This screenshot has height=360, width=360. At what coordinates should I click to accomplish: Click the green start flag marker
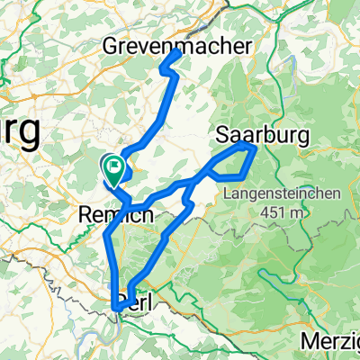pos(114,165)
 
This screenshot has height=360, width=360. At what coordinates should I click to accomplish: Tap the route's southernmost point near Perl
pos(118,309)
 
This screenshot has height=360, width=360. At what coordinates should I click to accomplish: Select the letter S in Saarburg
pos(224,135)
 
